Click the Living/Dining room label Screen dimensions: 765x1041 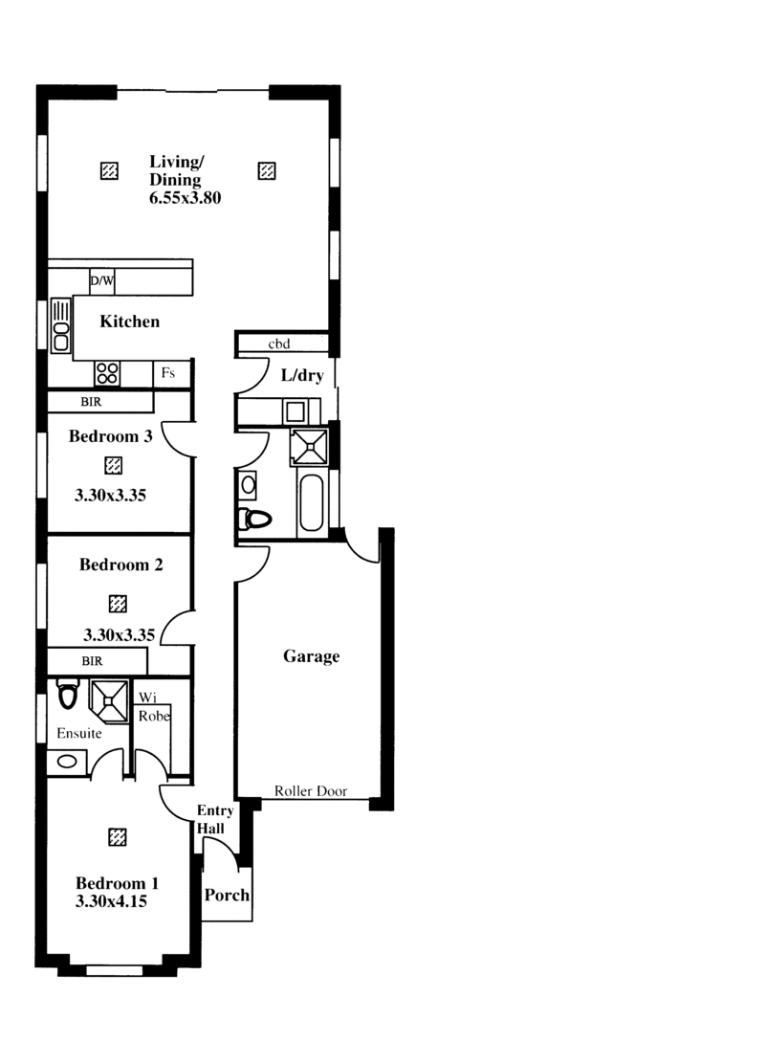[177, 170]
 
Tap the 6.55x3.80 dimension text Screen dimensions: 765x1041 [186, 198]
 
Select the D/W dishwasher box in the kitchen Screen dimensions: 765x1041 [102, 281]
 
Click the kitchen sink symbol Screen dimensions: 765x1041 [61, 324]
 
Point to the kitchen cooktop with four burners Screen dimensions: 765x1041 [107, 373]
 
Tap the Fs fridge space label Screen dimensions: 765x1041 [168, 372]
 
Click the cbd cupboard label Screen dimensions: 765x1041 [278, 343]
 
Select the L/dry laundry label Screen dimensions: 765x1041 [302, 375]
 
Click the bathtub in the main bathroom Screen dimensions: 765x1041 [311, 502]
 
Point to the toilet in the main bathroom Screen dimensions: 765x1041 [255, 519]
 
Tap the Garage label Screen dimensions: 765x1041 [311, 656]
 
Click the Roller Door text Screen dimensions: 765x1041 [311, 790]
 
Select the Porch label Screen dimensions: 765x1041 [227, 895]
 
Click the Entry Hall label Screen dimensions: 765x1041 [215, 819]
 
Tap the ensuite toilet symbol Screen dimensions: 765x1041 [68, 694]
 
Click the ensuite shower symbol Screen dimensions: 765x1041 [109, 701]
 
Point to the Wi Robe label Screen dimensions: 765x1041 [154, 707]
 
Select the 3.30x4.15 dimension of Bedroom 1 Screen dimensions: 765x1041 [111, 901]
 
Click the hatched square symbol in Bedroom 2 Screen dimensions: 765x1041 [118, 604]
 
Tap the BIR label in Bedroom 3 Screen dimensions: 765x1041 [91, 402]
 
